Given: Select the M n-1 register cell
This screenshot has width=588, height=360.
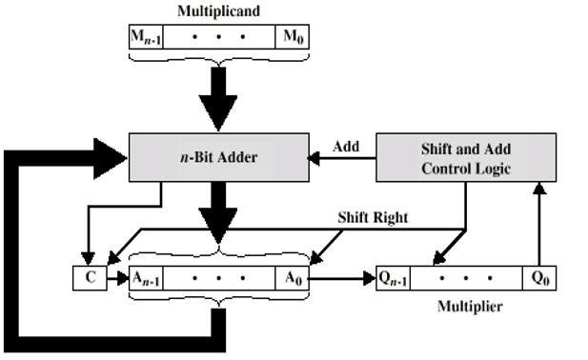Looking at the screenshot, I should pos(145,37).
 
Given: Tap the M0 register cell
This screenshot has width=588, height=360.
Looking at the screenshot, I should pos(290,37).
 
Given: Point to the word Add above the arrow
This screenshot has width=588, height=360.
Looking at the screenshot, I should pos(346,146).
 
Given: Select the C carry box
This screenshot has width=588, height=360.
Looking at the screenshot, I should pos(85,278).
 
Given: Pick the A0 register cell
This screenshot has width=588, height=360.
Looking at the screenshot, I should pos(291,278).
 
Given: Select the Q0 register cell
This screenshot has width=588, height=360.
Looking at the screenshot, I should pos(540,278).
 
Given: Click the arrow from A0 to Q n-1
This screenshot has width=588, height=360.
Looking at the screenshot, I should pos(343,279).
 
